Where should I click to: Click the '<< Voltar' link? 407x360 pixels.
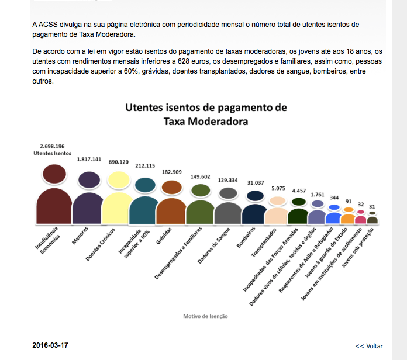[368, 346]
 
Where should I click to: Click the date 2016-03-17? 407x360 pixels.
[50, 345]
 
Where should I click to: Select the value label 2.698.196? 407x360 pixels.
[52, 146]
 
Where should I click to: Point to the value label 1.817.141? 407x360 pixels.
[89, 158]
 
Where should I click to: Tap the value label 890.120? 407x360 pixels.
[120, 162]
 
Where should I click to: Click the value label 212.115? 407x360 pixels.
[144, 165]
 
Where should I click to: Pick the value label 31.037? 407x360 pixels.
[255, 183]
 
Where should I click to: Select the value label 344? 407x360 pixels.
[334, 198]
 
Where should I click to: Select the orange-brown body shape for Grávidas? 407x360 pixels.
[171, 211]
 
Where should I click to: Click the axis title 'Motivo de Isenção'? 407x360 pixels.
[205, 316]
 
